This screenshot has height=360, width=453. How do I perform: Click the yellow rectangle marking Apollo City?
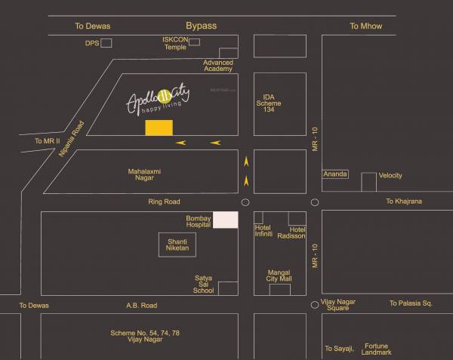pyautogui.click(x=159, y=128)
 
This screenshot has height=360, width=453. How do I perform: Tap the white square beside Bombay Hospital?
pyautogui.click(x=225, y=220)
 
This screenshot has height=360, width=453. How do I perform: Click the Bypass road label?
pyautogui.click(x=201, y=26)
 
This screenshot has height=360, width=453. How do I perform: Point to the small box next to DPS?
pyautogui.click(x=106, y=43)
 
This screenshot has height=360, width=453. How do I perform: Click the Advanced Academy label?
pyautogui.click(x=218, y=66)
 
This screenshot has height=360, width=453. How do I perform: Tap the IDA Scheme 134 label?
pyautogui.click(x=269, y=103)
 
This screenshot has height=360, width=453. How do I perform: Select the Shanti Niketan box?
pyautogui.click(x=177, y=244)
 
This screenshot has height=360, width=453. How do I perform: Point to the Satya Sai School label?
pyautogui.click(x=204, y=285)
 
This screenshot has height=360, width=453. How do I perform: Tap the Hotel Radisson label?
pyautogui.click(x=297, y=232)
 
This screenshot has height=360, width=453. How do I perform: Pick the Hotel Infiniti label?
pyautogui.click(x=263, y=231)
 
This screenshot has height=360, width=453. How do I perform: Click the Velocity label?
pyautogui.click(x=390, y=176)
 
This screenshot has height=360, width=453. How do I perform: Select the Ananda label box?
pyautogui.click(x=335, y=174)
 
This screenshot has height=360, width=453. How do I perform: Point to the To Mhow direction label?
pyautogui.click(x=365, y=26)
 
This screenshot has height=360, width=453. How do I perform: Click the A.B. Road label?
pyautogui.click(x=141, y=306)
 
